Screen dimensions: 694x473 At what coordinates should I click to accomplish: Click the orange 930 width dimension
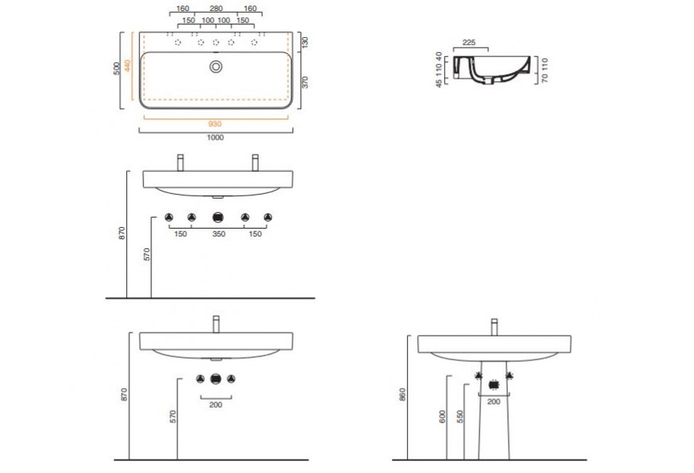click(215, 125)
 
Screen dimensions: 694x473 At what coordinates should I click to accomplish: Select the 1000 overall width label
click(215, 138)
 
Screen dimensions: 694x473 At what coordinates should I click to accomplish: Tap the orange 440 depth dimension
click(128, 65)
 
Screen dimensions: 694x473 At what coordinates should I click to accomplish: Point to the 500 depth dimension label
click(117, 68)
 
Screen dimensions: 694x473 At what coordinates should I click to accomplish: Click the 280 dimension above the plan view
click(216, 9)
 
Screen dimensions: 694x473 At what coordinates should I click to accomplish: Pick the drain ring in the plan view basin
click(216, 67)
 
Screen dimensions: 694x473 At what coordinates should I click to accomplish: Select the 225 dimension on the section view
click(468, 43)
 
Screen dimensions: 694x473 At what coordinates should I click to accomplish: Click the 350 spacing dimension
click(218, 234)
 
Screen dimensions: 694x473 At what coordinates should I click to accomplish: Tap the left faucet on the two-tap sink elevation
click(180, 162)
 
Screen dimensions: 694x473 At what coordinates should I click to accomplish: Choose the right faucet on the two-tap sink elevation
click(255, 162)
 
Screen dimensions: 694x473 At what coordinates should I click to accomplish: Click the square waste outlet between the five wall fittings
click(218, 218)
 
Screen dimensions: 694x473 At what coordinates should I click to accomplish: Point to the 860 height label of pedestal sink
click(402, 394)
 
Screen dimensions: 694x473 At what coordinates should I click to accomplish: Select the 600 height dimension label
click(442, 416)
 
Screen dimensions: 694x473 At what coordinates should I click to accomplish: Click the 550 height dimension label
click(460, 416)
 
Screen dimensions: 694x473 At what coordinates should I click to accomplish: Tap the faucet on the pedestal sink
click(494, 327)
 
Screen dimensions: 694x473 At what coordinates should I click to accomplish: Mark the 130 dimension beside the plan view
click(304, 43)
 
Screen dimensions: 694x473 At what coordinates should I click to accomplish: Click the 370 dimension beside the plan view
click(304, 82)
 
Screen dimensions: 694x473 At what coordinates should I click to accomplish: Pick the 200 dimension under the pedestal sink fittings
click(494, 402)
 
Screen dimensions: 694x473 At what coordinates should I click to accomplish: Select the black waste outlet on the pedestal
click(494, 385)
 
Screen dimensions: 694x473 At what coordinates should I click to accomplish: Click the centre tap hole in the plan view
click(216, 43)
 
